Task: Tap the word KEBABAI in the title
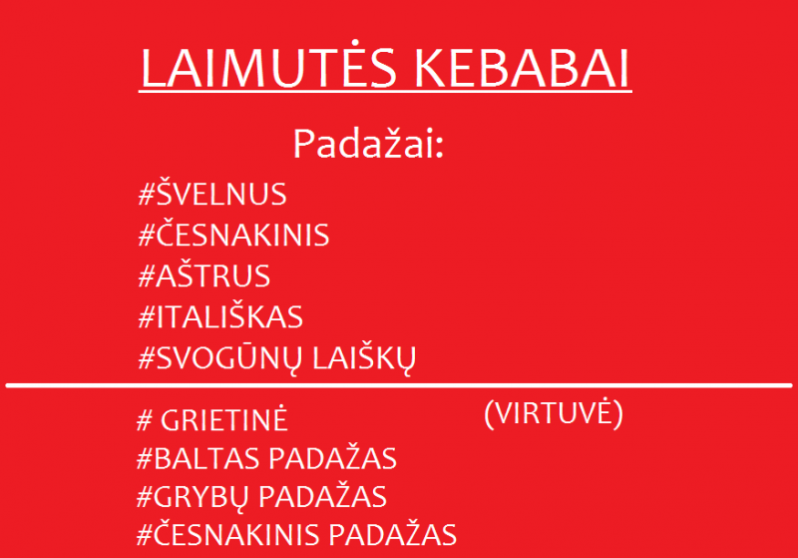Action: point(523,68)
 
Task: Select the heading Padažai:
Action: point(369,144)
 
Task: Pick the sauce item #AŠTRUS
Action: point(204,275)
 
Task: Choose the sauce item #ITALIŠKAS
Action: point(220,315)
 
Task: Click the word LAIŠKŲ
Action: point(364,358)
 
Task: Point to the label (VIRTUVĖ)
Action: point(554,413)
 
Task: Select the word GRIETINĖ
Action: point(223,419)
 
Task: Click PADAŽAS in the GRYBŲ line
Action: point(323,496)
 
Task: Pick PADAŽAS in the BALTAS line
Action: point(333,458)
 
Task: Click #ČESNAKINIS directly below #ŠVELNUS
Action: point(233,234)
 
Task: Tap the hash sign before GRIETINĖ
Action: point(145,420)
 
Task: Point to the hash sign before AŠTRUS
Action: point(147,276)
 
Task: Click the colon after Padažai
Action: point(440,149)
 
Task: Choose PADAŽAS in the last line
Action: point(392,535)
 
